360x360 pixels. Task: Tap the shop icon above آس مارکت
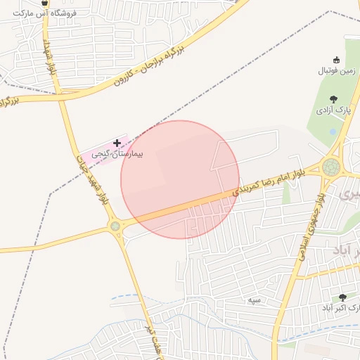tap(45, 3)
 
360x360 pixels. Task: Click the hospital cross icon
tap(117, 143)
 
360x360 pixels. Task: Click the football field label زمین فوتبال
tap(338, 70)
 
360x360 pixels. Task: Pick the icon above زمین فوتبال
tap(336, 60)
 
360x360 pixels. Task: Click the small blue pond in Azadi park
tap(331, 131)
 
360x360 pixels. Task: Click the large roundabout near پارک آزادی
tap(330, 167)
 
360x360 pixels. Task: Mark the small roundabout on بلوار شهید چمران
tap(115, 226)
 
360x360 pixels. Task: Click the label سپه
tap(254, 300)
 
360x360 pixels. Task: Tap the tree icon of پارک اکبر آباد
tap(343, 298)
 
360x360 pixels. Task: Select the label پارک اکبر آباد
tap(341, 308)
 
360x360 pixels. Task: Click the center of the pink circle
tap(180, 179)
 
